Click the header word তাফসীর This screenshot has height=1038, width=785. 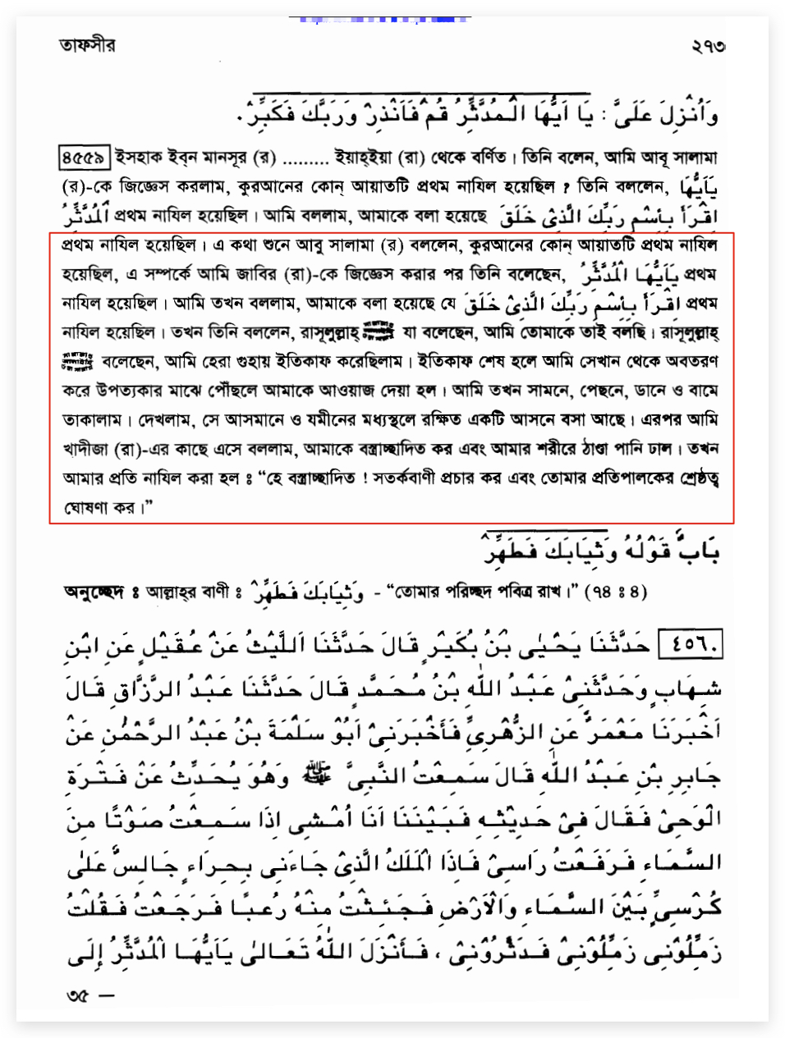pos(87,44)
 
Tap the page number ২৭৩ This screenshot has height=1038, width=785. pos(708,46)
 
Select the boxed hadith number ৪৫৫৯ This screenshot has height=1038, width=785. pos(85,155)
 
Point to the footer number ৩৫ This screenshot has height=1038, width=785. pos(78,997)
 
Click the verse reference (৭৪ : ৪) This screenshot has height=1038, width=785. pos(615,591)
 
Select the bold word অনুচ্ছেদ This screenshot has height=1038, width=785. pos(94,592)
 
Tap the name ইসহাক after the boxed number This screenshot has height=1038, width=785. pos(140,156)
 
